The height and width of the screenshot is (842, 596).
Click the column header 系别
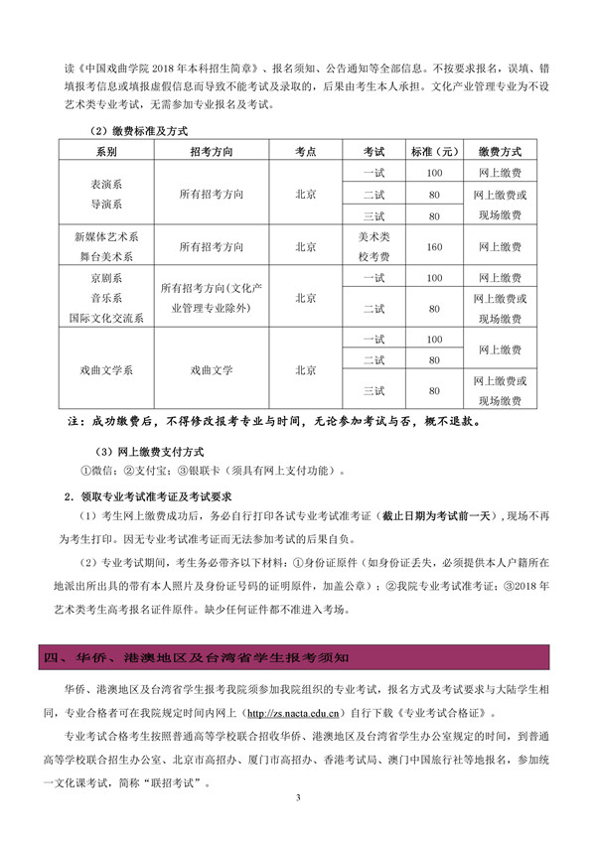[x=106, y=152]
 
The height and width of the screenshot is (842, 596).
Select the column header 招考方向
[x=212, y=152]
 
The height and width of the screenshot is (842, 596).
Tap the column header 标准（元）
[x=434, y=152]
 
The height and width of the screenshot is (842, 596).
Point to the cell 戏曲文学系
[x=106, y=369]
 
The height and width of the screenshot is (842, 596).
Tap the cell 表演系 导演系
[x=106, y=195]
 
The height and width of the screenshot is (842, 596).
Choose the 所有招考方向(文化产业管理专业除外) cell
[x=212, y=298]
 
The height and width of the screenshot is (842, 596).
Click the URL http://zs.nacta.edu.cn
[x=301, y=712]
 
